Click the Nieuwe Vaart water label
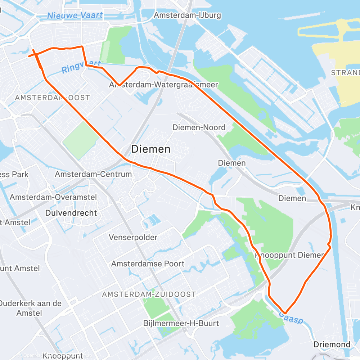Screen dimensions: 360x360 75,15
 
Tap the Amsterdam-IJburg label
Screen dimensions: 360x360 187,15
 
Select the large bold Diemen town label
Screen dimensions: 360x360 151,149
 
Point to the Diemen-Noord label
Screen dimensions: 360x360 199,127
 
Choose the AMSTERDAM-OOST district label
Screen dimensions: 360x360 53,98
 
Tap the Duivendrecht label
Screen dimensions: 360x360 71,213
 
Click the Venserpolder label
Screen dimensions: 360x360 133,238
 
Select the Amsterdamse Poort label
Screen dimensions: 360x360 148,264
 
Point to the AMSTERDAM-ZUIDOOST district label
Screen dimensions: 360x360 149,294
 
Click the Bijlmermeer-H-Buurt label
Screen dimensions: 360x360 181,323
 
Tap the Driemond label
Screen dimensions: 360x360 332,345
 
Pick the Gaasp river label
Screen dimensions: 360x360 291,318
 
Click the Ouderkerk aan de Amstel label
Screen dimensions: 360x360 31,308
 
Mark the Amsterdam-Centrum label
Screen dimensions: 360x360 93,174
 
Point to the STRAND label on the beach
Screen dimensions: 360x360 345,73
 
